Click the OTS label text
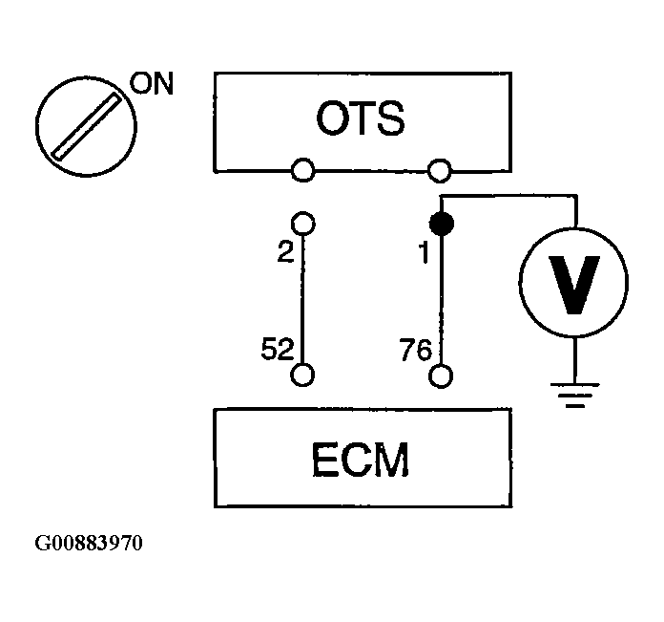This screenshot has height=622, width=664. tap(360, 120)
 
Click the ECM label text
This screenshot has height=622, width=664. tap(360, 460)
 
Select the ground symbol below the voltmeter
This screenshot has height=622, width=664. tap(572, 394)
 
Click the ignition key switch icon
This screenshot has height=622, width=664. tap(84, 124)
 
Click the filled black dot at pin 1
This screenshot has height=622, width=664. tap(440, 225)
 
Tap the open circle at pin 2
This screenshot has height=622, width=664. tap(302, 224)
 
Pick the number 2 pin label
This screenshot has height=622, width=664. tap(282, 253)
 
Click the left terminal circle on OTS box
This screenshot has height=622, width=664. tap(302, 171)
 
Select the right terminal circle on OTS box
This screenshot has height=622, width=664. tap(440, 171)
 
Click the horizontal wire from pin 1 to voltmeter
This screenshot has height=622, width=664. tap(510, 199)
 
